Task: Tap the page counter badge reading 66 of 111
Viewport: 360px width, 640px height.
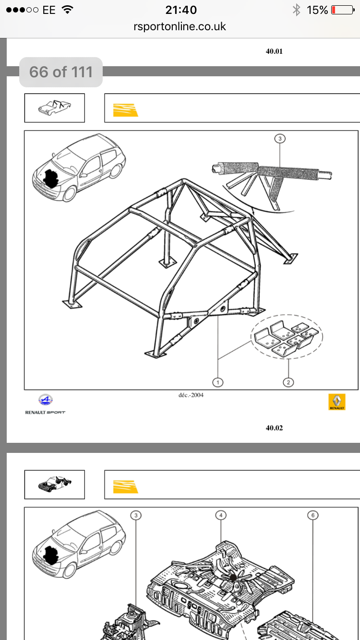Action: [60, 72]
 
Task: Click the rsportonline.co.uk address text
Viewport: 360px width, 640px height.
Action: [180, 27]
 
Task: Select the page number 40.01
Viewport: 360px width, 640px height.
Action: [274, 51]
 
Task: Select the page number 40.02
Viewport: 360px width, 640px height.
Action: [274, 427]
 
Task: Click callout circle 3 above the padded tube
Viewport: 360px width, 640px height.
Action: [280, 139]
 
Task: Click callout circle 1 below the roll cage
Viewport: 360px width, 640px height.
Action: [217, 382]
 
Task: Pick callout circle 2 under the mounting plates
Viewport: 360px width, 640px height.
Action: [288, 382]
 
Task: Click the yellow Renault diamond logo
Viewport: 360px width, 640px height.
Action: [337, 402]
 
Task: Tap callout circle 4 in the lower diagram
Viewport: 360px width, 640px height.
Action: [221, 515]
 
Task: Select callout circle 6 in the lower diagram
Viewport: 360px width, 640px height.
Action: [312, 515]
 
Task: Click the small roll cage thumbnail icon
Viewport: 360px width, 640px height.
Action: [54, 107]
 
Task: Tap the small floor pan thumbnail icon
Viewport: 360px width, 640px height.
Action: [54, 484]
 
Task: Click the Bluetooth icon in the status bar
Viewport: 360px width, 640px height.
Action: [297, 10]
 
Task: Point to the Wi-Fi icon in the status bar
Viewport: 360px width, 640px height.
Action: [68, 10]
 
